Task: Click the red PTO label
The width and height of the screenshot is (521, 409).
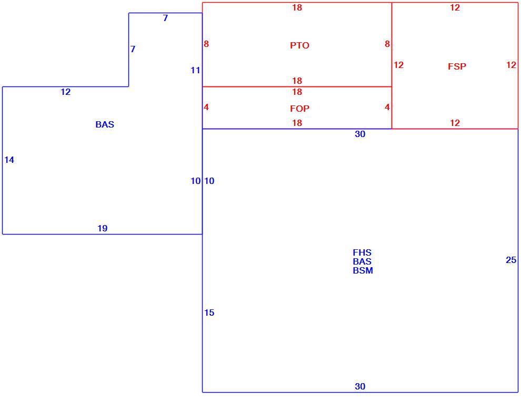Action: (299, 45)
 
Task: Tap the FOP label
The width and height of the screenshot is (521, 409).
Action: (299, 109)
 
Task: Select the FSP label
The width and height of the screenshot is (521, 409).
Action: (457, 66)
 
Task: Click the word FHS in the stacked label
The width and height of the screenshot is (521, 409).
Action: (362, 252)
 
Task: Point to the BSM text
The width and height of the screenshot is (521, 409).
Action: (363, 270)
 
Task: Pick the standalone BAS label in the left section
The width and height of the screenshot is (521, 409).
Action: (105, 124)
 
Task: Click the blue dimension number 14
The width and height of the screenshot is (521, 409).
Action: (9, 160)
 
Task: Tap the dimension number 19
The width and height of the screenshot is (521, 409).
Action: (102, 228)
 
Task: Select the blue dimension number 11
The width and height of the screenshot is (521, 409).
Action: (195, 70)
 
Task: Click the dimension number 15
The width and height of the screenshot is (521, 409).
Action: (209, 313)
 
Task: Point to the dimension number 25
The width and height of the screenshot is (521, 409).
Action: (511, 260)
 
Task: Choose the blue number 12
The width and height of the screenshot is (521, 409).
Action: (65, 92)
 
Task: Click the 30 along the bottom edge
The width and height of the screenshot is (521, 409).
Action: (360, 386)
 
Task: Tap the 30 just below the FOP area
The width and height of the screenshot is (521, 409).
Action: (360, 134)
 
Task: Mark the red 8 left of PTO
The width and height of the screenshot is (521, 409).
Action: (206, 44)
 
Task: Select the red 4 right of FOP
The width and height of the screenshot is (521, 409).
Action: (387, 107)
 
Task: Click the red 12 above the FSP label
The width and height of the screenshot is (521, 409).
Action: (455, 7)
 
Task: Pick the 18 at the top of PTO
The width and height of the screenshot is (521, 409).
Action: (297, 7)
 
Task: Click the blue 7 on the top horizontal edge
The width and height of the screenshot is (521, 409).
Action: (165, 18)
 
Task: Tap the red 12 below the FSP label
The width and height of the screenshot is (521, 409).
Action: (455, 123)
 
